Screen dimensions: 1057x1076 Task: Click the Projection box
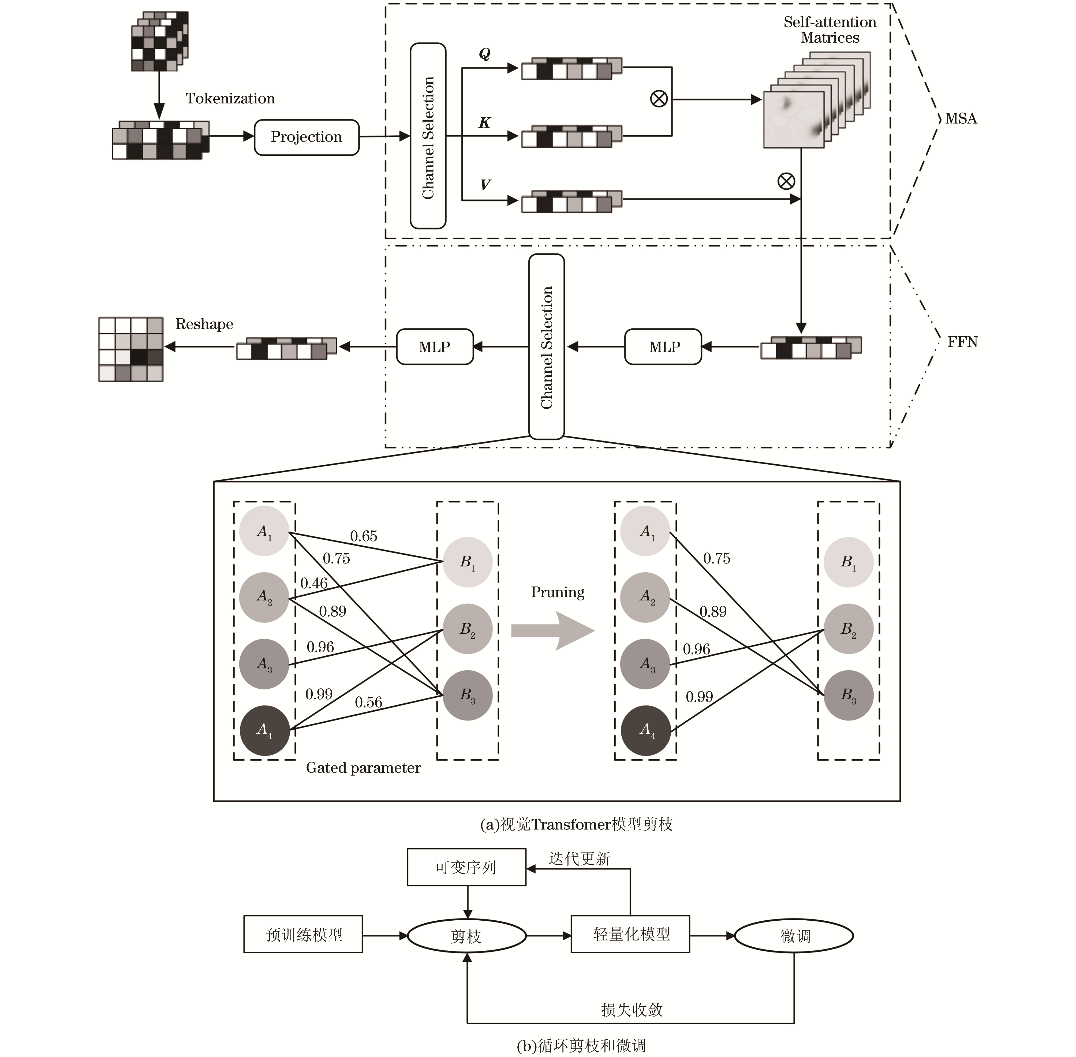pyautogui.click(x=307, y=137)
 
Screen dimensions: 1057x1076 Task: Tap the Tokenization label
pyautogui.click(x=230, y=99)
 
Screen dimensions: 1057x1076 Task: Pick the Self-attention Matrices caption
pyautogui.click(x=830, y=30)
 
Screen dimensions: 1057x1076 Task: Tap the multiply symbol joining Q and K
pyautogui.click(x=659, y=99)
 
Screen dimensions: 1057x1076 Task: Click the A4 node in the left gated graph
pyautogui.click(x=264, y=730)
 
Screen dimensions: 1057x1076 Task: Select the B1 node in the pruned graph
pyautogui.click(x=848, y=562)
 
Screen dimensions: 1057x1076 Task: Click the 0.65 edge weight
pyautogui.click(x=364, y=536)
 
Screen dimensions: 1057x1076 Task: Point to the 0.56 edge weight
pyautogui.click(x=369, y=702)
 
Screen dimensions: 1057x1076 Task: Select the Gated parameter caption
pyautogui.click(x=363, y=768)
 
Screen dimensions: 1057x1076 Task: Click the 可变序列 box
pyautogui.click(x=466, y=867)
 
